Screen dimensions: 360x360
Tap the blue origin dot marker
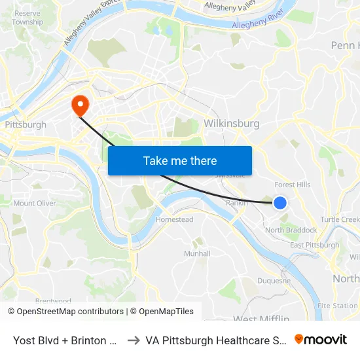[x=279, y=203]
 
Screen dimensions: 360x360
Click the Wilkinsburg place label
[x=232, y=123]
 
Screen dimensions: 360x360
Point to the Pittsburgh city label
[x=25, y=124]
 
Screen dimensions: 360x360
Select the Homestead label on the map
[x=174, y=220]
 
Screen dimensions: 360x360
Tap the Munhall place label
[x=197, y=253]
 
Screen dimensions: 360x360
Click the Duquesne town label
[x=274, y=281]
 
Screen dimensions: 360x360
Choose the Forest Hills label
[x=293, y=185]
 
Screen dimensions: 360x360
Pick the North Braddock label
[x=291, y=230]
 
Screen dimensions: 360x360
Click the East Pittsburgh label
[x=314, y=245]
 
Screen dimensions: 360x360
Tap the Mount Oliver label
[x=34, y=204]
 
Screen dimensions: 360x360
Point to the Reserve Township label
[x=27, y=18]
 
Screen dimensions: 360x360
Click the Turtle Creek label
[x=340, y=219]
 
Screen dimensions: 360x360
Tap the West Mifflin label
[x=261, y=319]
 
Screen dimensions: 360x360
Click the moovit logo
[x=321, y=339]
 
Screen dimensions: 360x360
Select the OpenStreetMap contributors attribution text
[x=65, y=312]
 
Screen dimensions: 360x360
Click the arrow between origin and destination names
[x=133, y=340]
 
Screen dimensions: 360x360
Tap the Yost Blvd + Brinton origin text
[x=65, y=340]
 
